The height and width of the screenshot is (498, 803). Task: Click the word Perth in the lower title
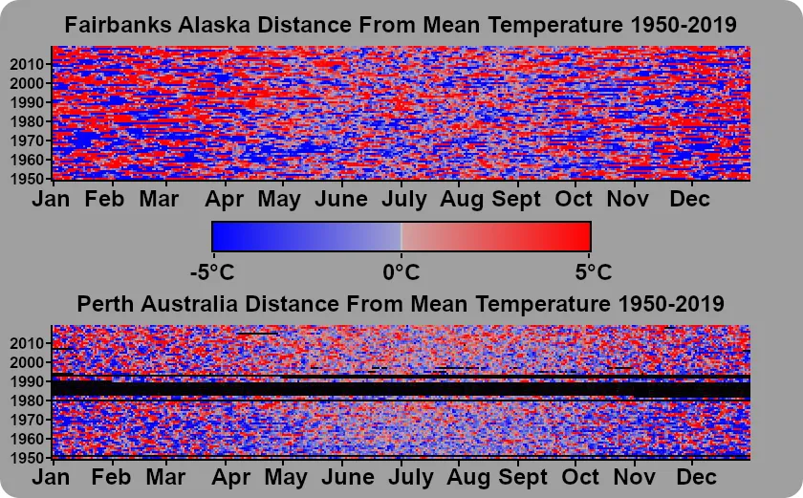[x=105, y=304]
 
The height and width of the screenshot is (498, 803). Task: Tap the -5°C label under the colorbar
[x=211, y=271]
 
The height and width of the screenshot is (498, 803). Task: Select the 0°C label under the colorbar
[x=401, y=271]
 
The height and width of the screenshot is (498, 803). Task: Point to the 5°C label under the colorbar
[x=593, y=271]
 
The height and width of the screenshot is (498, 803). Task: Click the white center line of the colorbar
[x=401, y=236]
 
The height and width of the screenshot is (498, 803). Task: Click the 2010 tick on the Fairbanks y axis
[x=29, y=64]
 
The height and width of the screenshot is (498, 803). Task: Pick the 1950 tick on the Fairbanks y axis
[x=29, y=179]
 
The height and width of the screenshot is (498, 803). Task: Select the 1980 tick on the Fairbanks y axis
[x=29, y=121]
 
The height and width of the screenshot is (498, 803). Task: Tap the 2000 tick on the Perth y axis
[x=29, y=362]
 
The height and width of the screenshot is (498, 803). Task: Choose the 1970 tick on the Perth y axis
[x=29, y=420]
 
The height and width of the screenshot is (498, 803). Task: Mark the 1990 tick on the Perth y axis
[x=29, y=381]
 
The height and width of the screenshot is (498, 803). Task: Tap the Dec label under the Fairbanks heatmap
[x=688, y=199]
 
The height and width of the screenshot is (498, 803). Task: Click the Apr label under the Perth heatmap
[x=226, y=477]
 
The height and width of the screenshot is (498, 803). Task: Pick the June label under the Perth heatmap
[x=340, y=477]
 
